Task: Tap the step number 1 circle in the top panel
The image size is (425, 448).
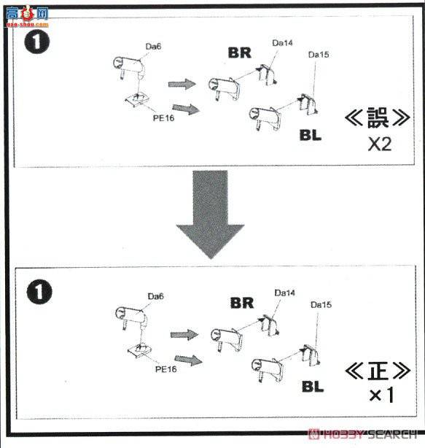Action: pyautogui.click(x=37, y=42)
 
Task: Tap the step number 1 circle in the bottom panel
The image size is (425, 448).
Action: pyautogui.click(x=39, y=292)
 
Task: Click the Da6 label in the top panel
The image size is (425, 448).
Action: pyautogui.click(x=153, y=46)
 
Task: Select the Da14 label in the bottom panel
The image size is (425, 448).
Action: pyautogui.click(x=284, y=293)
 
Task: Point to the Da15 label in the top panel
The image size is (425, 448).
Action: pyautogui.click(x=319, y=55)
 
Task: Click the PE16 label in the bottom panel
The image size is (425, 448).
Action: pyautogui.click(x=165, y=369)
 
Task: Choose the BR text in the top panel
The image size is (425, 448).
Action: pyautogui.click(x=240, y=53)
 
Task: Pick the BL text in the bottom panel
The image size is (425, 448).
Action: pyautogui.click(x=313, y=387)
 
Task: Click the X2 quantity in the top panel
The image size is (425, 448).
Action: pyautogui.click(x=380, y=144)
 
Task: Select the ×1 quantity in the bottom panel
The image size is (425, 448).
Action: pyautogui.click(x=381, y=395)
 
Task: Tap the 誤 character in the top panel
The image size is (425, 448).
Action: pyautogui.click(x=378, y=117)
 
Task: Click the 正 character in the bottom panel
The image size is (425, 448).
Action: pyautogui.click(x=378, y=371)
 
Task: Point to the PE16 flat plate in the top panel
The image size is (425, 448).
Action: pyautogui.click(x=137, y=100)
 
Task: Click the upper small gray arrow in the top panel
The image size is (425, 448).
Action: pyautogui.click(x=182, y=84)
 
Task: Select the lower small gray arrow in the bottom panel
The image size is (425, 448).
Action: pyautogui.click(x=188, y=360)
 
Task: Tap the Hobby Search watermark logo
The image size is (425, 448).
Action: pyautogui.click(x=362, y=434)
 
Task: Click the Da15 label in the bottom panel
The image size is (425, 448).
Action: pyautogui.click(x=321, y=304)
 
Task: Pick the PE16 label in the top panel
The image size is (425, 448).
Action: pyautogui.click(x=163, y=118)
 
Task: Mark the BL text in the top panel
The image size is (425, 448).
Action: pyautogui.click(x=311, y=135)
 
